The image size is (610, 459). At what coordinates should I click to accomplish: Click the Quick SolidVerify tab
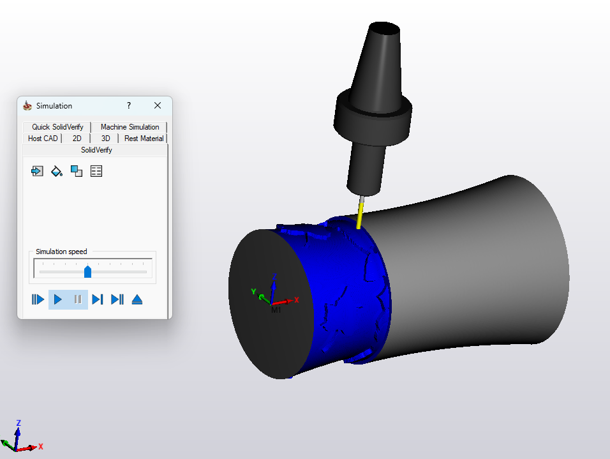pyautogui.click(x=57, y=127)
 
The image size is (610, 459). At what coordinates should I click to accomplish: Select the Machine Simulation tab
pyautogui.click(x=130, y=127)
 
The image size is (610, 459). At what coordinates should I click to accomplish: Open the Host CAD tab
pyautogui.click(x=43, y=139)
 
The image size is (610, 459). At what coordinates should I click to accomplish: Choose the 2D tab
pyautogui.click(x=77, y=139)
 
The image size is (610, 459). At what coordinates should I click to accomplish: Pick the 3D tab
pyautogui.click(x=105, y=139)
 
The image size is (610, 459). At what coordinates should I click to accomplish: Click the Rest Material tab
pyautogui.click(x=144, y=139)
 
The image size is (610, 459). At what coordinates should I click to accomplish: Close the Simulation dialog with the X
pyautogui.click(x=158, y=105)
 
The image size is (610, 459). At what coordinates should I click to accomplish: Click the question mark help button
pyautogui.click(x=129, y=105)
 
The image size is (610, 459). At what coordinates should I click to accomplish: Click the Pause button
pyautogui.click(x=78, y=299)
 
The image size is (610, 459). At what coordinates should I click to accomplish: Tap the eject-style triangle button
pyautogui.click(x=137, y=299)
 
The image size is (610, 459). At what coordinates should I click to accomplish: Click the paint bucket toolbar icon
pyautogui.click(x=57, y=171)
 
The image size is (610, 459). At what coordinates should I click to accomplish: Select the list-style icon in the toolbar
pyautogui.click(x=96, y=171)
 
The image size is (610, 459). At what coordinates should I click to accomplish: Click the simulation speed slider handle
pyautogui.click(x=88, y=271)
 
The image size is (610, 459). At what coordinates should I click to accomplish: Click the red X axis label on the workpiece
pyautogui.click(x=296, y=299)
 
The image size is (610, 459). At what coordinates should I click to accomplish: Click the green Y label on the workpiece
pyautogui.click(x=253, y=292)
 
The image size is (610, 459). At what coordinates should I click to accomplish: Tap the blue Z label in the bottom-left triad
pyautogui.click(x=19, y=423)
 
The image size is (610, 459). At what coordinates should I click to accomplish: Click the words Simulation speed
pyautogui.click(x=61, y=252)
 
